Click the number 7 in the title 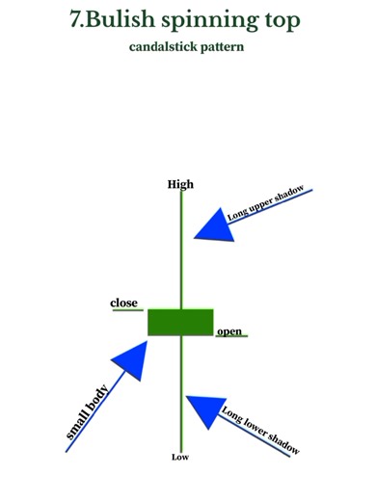click(x=77, y=19)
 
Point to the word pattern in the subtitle click(x=221, y=45)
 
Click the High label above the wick click(x=180, y=184)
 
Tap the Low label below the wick click(x=180, y=457)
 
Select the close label click(x=123, y=303)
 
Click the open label click(x=229, y=331)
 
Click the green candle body click(x=180, y=321)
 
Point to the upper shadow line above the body click(x=180, y=250)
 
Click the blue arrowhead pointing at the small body click(x=134, y=364)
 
